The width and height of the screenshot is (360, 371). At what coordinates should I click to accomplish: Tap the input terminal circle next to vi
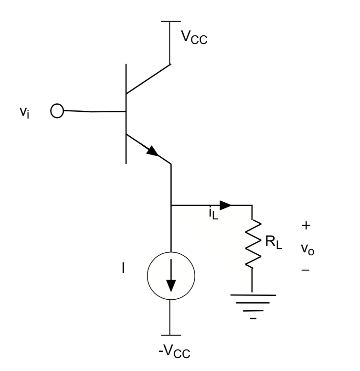tap(57, 111)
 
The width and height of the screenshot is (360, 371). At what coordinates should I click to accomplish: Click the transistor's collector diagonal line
tap(148, 78)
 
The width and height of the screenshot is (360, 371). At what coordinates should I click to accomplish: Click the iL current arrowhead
tap(226, 206)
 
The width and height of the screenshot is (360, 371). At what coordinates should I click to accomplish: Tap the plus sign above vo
tap(307, 225)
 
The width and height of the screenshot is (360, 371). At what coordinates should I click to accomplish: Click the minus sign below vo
tap(307, 271)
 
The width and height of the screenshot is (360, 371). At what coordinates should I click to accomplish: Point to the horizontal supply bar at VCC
tap(170, 21)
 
